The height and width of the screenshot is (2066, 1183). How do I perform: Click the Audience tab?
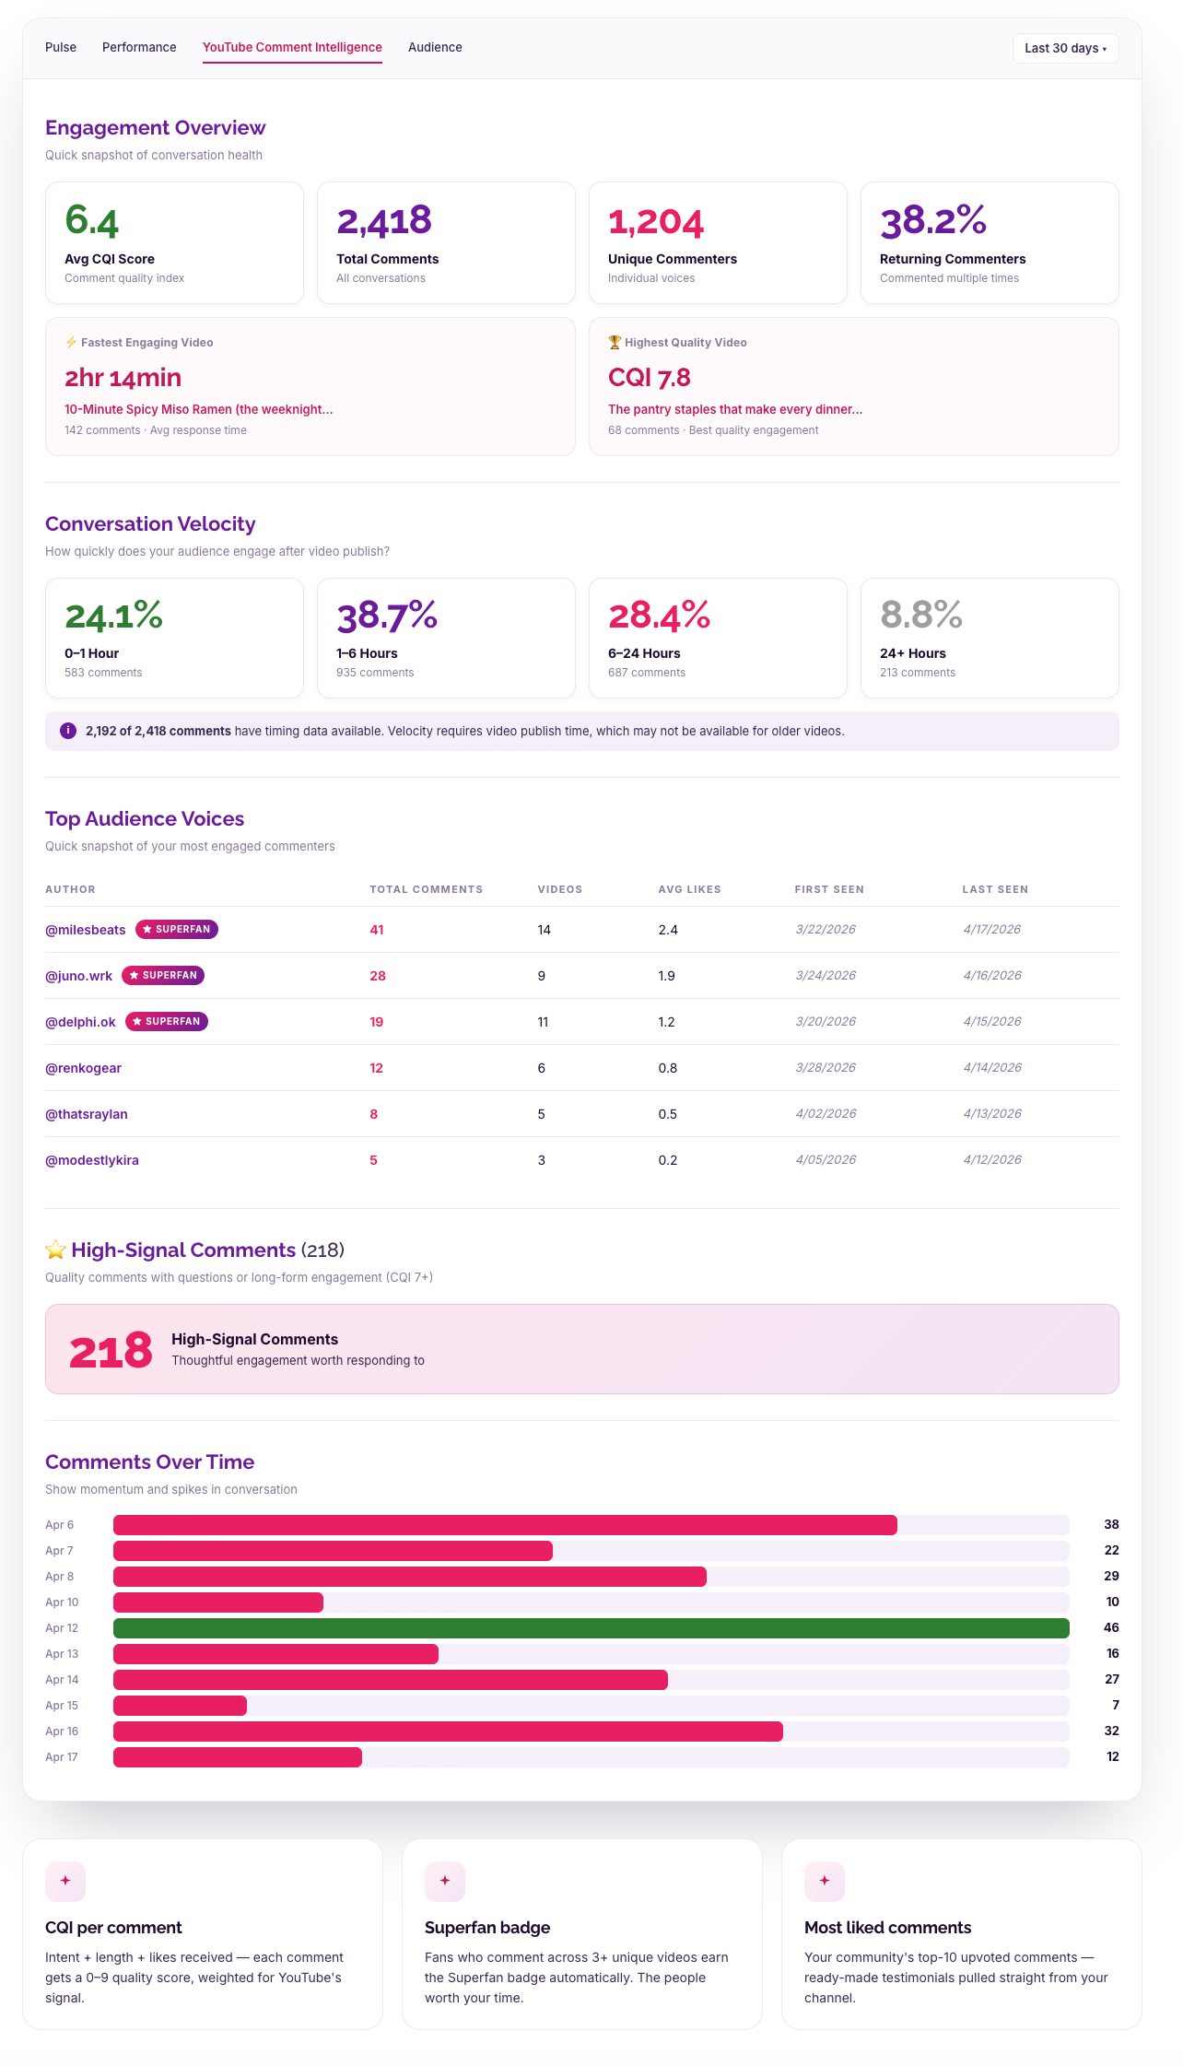pos(435,48)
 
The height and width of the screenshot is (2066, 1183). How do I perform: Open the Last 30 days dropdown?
pos(1065,49)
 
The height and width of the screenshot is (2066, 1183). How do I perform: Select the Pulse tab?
pos(61,48)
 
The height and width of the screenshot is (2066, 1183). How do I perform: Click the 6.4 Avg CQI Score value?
pos(92,221)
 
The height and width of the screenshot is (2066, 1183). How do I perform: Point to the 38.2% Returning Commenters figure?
pos(932,221)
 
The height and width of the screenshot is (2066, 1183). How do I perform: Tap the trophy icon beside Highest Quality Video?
pos(615,343)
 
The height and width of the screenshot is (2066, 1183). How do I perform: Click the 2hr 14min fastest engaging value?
pos(123,378)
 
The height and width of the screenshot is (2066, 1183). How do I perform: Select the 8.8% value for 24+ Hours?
pos(920,615)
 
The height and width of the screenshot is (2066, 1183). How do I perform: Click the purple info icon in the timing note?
pos(68,731)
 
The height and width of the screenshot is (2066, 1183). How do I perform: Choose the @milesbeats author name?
pos(86,930)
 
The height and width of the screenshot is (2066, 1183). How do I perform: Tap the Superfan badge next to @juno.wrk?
pos(163,976)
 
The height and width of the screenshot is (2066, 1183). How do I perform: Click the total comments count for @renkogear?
pos(376,1068)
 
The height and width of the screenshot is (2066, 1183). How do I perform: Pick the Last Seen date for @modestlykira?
pos(992,1160)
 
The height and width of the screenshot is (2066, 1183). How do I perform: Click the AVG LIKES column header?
pos(689,890)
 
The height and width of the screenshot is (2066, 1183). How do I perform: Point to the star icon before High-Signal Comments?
pos(56,1250)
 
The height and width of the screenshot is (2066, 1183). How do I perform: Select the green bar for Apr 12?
pos(591,1628)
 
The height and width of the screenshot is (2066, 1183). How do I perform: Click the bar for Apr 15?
pos(181,1706)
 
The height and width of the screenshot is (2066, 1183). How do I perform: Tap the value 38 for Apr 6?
pos(1111,1525)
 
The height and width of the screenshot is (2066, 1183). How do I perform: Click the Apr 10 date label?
pos(62,1602)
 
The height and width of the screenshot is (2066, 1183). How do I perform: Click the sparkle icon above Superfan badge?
pos(445,1881)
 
